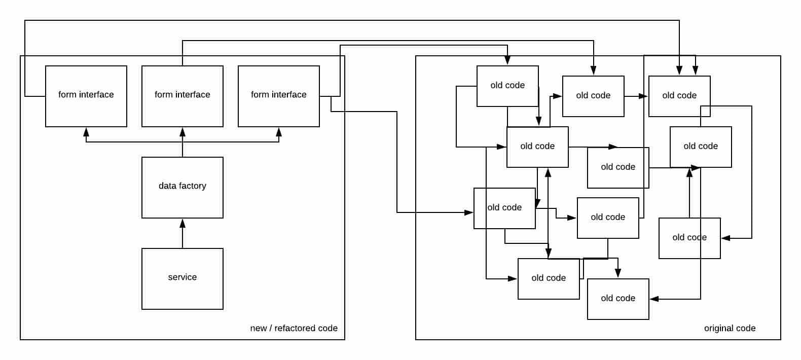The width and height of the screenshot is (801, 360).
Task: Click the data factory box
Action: point(183,188)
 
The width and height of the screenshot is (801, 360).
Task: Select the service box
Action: point(183,279)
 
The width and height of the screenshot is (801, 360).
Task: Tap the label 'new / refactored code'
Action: point(294,328)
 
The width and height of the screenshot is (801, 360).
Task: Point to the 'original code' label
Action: point(730,328)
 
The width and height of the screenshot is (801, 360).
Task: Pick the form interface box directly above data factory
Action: point(183,96)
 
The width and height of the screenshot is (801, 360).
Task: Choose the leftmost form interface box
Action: point(86,96)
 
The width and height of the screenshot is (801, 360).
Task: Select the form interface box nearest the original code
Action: point(279,96)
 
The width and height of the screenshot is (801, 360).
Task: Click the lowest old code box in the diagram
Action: point(618,299)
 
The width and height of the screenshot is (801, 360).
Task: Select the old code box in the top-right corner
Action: point(679,96)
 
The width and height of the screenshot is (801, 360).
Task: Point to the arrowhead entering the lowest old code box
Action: point(654,299)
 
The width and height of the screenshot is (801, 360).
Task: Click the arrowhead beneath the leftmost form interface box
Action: point(86,131)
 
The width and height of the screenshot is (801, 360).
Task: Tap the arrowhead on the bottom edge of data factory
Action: point(183,223)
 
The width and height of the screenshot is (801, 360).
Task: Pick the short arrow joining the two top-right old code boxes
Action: point(637,96)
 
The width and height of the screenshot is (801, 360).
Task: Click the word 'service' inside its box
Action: point(183,277)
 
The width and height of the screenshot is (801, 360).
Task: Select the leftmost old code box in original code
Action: point(504,208)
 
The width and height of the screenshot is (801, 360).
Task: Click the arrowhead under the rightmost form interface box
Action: point(279,131)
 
